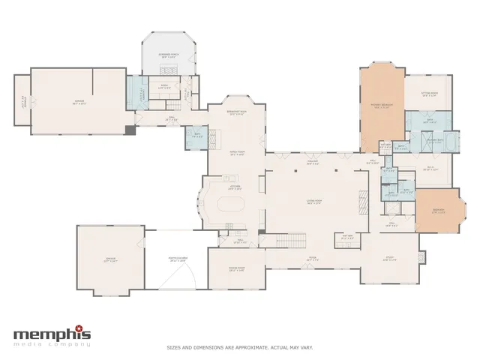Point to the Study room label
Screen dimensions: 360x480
click(x=391, y=259)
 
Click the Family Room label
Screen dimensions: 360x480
click(x=237, y=152)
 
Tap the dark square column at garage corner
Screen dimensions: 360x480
click(x=130, y=130)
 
